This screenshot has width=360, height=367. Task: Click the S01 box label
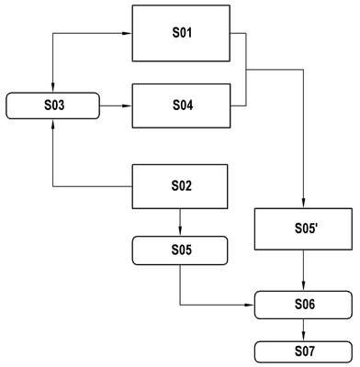tap(182, 33)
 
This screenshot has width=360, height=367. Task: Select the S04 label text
tap(183, 106)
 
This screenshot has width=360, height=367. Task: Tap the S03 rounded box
tap(52, 106)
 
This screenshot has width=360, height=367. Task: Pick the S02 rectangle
tap(180, 186)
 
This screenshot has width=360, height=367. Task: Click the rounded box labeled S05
tap(180, 250)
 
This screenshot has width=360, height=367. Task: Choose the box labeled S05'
tap(303, 229)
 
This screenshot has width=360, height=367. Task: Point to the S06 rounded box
tap(303, 305)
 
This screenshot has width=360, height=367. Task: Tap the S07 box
tap(303, 352)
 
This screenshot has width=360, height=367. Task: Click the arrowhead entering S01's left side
tap(128, 33)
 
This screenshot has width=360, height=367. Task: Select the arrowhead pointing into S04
tap(128, 106)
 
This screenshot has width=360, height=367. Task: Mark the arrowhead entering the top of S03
tap(53, 88)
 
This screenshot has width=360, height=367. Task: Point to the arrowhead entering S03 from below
tap(53, 123)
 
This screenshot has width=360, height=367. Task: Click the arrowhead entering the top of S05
tap(180, 232)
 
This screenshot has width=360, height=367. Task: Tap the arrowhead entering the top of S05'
tap(303, 204)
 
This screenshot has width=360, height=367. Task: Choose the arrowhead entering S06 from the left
tap(250, 305)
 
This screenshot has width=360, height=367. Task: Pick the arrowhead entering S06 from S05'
tap(303, 286)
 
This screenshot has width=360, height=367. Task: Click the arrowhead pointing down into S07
tap(303, 337)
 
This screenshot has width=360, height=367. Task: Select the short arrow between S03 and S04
tap(116, 106)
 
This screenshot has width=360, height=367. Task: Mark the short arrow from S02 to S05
tap(180, 223)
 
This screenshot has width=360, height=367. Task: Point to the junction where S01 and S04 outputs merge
tap(246, 70)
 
